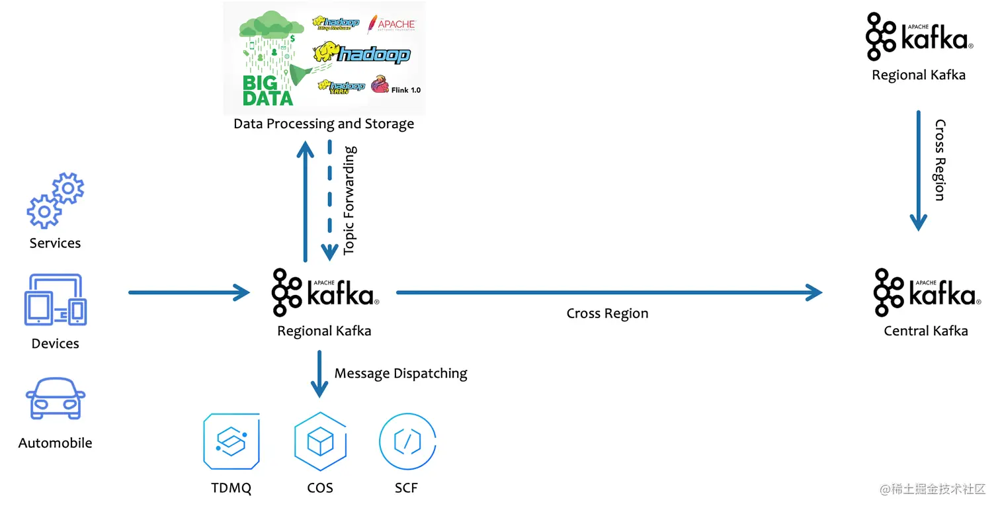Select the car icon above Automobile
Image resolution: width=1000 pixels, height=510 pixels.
tap(56, 398)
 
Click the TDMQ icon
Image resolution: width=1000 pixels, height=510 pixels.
tap(231, 441)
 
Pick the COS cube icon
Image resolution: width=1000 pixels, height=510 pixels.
tap(320, 441)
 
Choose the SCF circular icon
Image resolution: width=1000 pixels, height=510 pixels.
tap(407, 441)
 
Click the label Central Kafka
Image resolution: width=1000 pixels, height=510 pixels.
tap(925, 331)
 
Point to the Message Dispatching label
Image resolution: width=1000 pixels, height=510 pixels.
tap(401, 374)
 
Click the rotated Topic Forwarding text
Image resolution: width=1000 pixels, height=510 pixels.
tap(350, 200)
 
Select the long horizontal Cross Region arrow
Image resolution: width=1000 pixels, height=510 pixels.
tap(608, 292)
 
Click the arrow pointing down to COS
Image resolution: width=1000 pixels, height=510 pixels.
tap(320, 374)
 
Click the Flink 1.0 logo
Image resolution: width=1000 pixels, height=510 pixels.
tap(396, 87)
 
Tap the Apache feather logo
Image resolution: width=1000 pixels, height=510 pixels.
tap(392, 24)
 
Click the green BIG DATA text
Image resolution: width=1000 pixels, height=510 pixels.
tap(267, 91)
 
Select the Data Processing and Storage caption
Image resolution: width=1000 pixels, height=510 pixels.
tap(324, 124)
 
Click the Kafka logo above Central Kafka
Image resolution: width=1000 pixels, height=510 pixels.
tap(925, 292)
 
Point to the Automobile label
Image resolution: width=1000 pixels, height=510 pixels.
tap(56, 443)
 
